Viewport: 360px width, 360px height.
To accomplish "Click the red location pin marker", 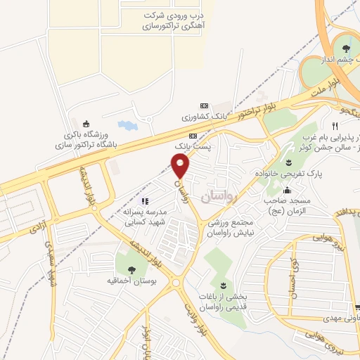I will point(181,166).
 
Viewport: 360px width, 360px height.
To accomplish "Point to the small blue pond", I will point(129,127).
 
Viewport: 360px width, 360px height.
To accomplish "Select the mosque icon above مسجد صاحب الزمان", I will point(287,190).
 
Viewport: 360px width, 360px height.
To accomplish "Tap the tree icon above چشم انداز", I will point(345,48).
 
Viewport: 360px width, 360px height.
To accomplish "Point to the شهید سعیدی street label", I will point(49,263).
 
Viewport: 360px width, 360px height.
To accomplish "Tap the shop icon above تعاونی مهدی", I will point(359,307).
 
